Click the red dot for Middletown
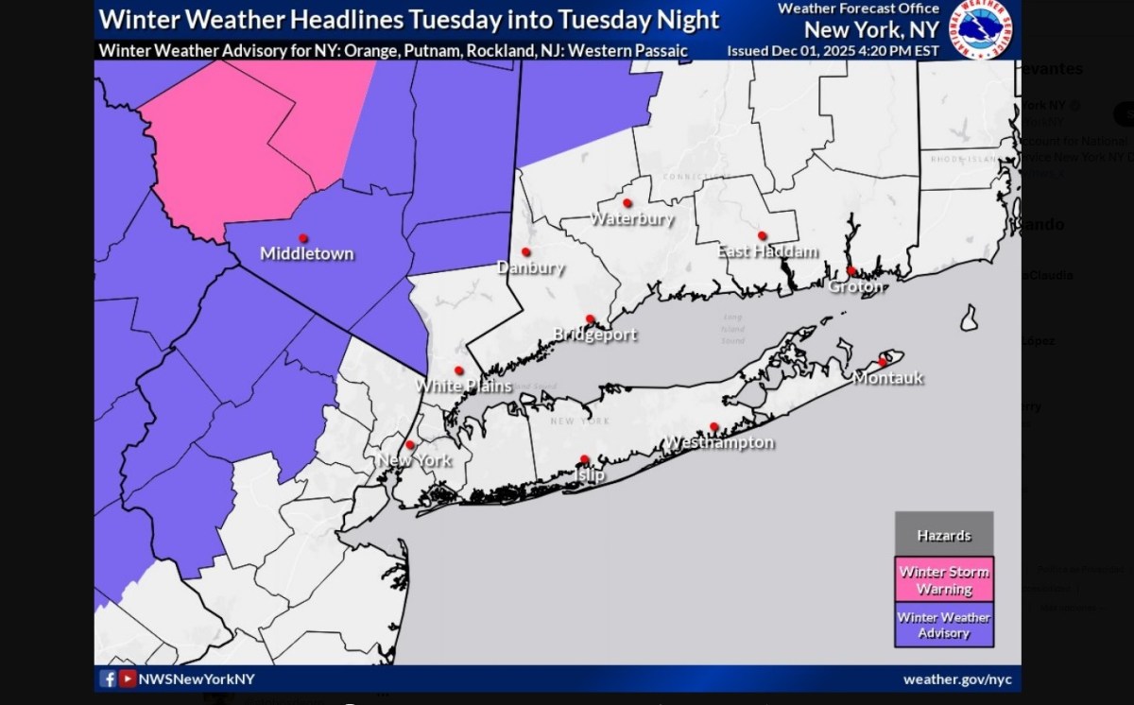pos(303,238)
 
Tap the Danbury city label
pos(530,267)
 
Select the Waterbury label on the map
pos(631,219)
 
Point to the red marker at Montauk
pos(884,362)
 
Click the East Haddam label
pos(767,251)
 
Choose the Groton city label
pos(855,286)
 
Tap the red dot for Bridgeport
pos(590,318)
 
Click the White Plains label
pos(464,386)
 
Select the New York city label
pos(414,461)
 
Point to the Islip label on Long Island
pos(590,475)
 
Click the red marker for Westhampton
pos(714,427)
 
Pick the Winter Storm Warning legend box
pos(943,579)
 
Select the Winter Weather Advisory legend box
pos(943,625)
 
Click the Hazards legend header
pos(943,536)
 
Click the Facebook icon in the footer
pos(108,679)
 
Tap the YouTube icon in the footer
pos(127,679)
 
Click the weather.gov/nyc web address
pos(957,679)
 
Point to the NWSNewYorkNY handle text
pos(197,679)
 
